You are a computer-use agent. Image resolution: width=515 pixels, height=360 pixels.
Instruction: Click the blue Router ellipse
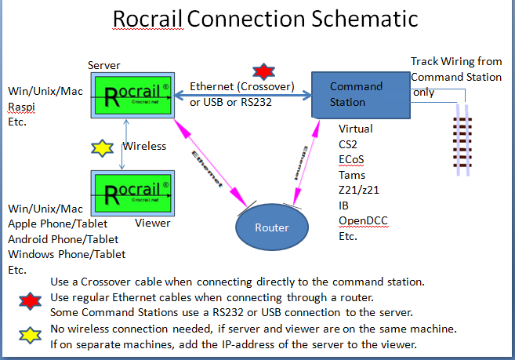tap(270, 228)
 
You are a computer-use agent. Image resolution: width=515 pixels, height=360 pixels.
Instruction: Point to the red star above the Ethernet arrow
tap(260, 71)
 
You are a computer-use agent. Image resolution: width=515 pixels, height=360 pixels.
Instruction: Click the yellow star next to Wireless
tap(101, 147)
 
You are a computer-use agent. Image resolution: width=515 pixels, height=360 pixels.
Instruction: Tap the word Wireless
tap(144, 146)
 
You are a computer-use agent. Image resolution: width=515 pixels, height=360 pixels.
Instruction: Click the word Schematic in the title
tap(357, 19)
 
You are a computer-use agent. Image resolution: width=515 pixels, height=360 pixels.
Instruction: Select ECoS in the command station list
tap(351, 160)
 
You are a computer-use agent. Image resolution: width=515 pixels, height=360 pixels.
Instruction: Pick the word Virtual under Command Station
tap(356, 129)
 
